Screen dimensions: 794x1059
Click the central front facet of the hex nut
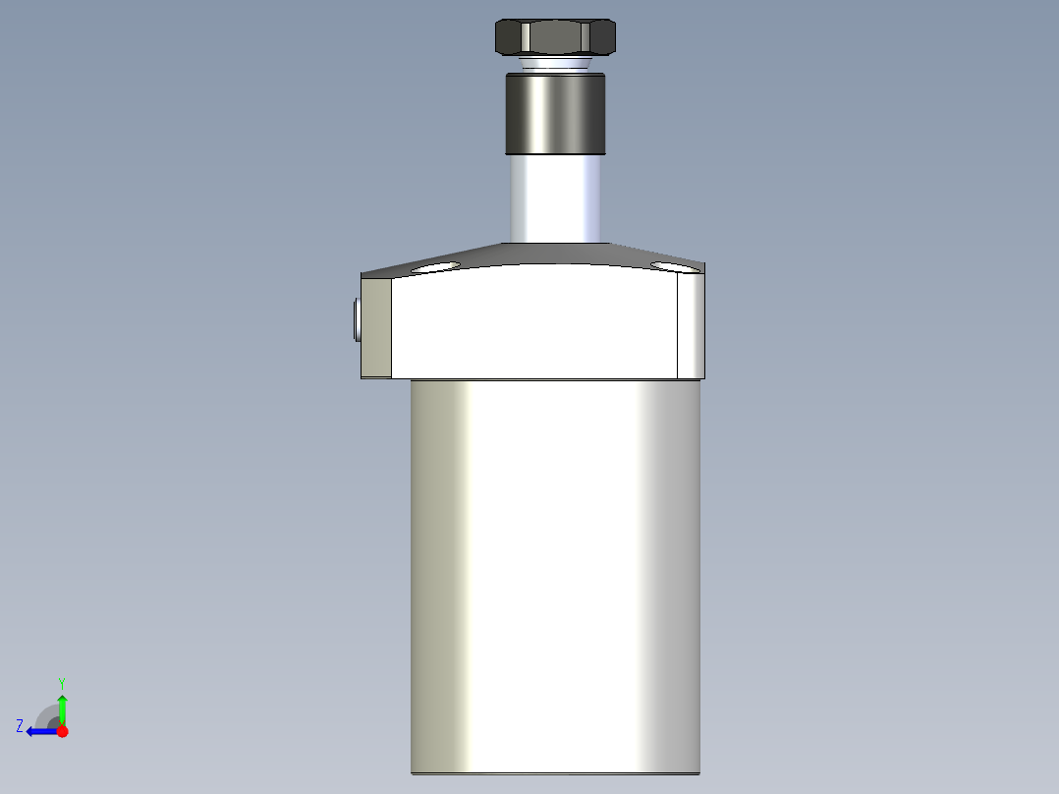556,38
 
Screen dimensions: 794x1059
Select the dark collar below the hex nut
556,114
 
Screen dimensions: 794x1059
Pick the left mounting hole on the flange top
436,266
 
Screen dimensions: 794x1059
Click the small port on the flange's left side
354,320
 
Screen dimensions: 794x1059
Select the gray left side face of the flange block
376,328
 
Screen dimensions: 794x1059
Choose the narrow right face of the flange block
692,326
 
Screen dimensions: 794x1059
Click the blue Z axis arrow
40,731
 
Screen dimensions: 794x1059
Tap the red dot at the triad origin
62,731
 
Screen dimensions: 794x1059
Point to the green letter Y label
61,682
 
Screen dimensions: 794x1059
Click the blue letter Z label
20,726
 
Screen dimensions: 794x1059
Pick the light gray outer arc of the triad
42,711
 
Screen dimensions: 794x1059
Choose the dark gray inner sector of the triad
53,722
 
